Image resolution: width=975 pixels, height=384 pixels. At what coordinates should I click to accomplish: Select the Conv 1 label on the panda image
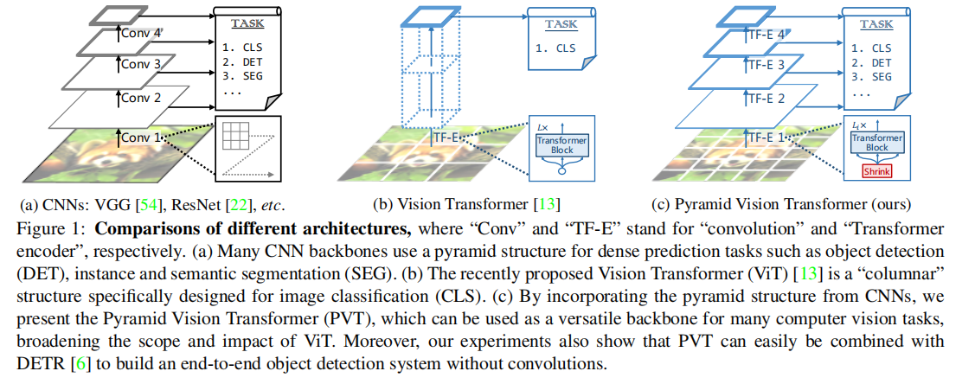(140, 137)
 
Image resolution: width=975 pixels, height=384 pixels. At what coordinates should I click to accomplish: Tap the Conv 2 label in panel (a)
(140, 99)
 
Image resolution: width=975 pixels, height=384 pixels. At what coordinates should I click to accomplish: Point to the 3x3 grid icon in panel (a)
(235, 138)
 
